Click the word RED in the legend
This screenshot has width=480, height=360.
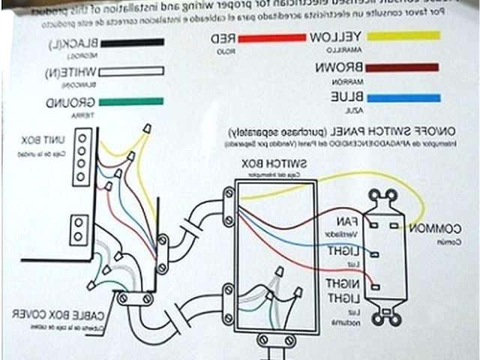(226, 37)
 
